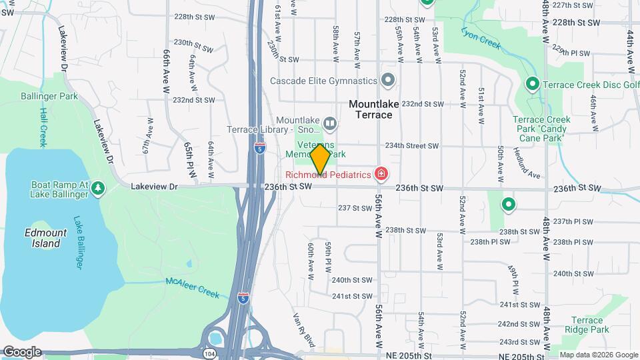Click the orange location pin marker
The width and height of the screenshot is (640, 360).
click(320, 159)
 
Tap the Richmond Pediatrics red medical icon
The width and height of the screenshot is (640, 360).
click(381, 175)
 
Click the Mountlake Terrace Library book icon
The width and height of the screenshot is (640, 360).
click(329, 123)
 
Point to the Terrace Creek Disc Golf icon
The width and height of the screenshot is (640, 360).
click(533, 85)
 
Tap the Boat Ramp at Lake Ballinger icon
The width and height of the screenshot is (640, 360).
click(98, 189)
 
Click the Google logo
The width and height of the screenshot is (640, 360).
click(21, 352)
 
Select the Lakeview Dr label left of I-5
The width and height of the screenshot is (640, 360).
click(155, 187)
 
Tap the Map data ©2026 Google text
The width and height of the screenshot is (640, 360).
click(598, 355)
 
